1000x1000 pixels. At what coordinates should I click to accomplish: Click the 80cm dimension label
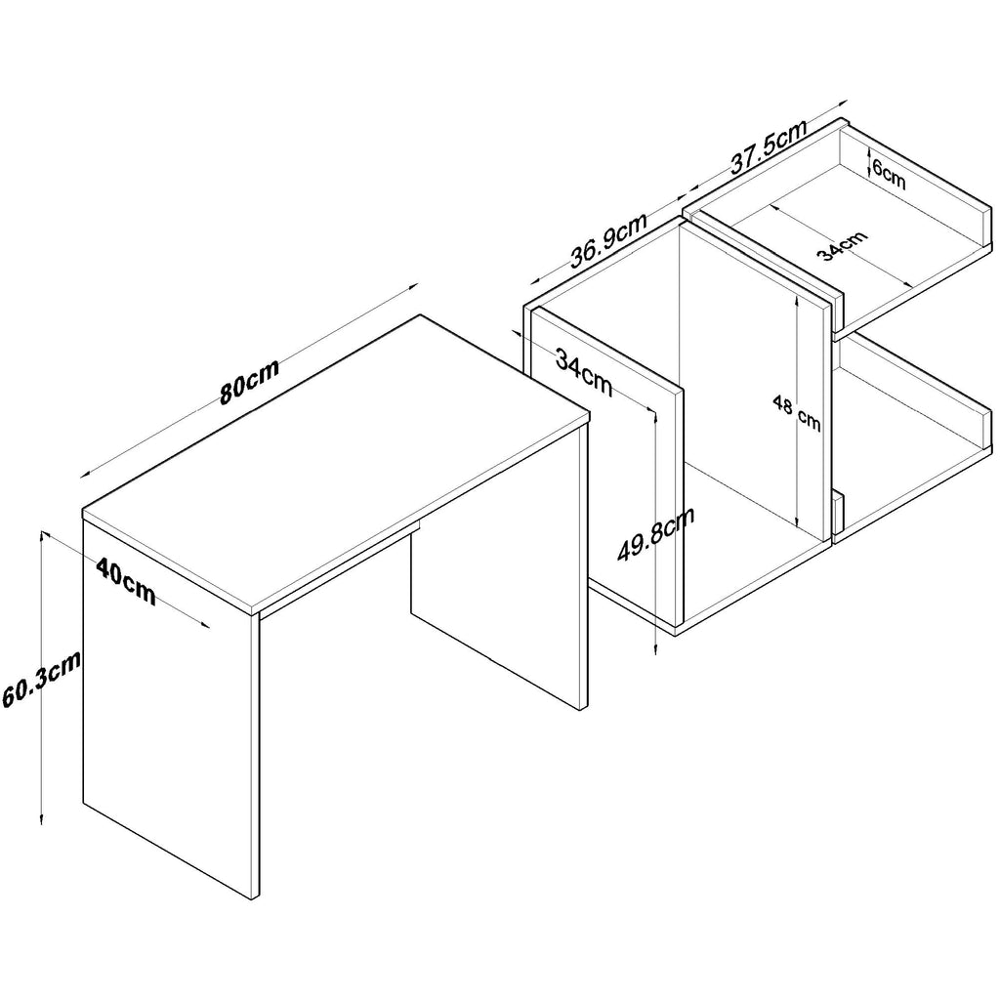tap(249, 382)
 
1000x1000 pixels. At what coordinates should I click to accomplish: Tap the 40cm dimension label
tap(126, 580)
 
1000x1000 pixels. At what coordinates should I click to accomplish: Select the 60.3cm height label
tap(41, 679)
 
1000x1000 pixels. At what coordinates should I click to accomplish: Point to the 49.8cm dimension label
tap(655, 534)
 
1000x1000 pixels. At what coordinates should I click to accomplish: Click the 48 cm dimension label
tap(797, 413)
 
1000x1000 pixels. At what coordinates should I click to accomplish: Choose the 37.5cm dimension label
tap(769, 146)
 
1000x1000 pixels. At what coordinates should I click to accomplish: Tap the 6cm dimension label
tap(889, 174)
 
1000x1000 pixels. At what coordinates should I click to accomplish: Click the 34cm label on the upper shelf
tap(843, 245)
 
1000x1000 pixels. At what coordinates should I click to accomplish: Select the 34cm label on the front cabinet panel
tap(584, 372)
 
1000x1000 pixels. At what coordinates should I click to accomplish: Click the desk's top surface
tap(336, 462)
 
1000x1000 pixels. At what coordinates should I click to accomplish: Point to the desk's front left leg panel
tap(171, 711)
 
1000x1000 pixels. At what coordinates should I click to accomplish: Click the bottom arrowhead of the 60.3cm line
tap(42, 819)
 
